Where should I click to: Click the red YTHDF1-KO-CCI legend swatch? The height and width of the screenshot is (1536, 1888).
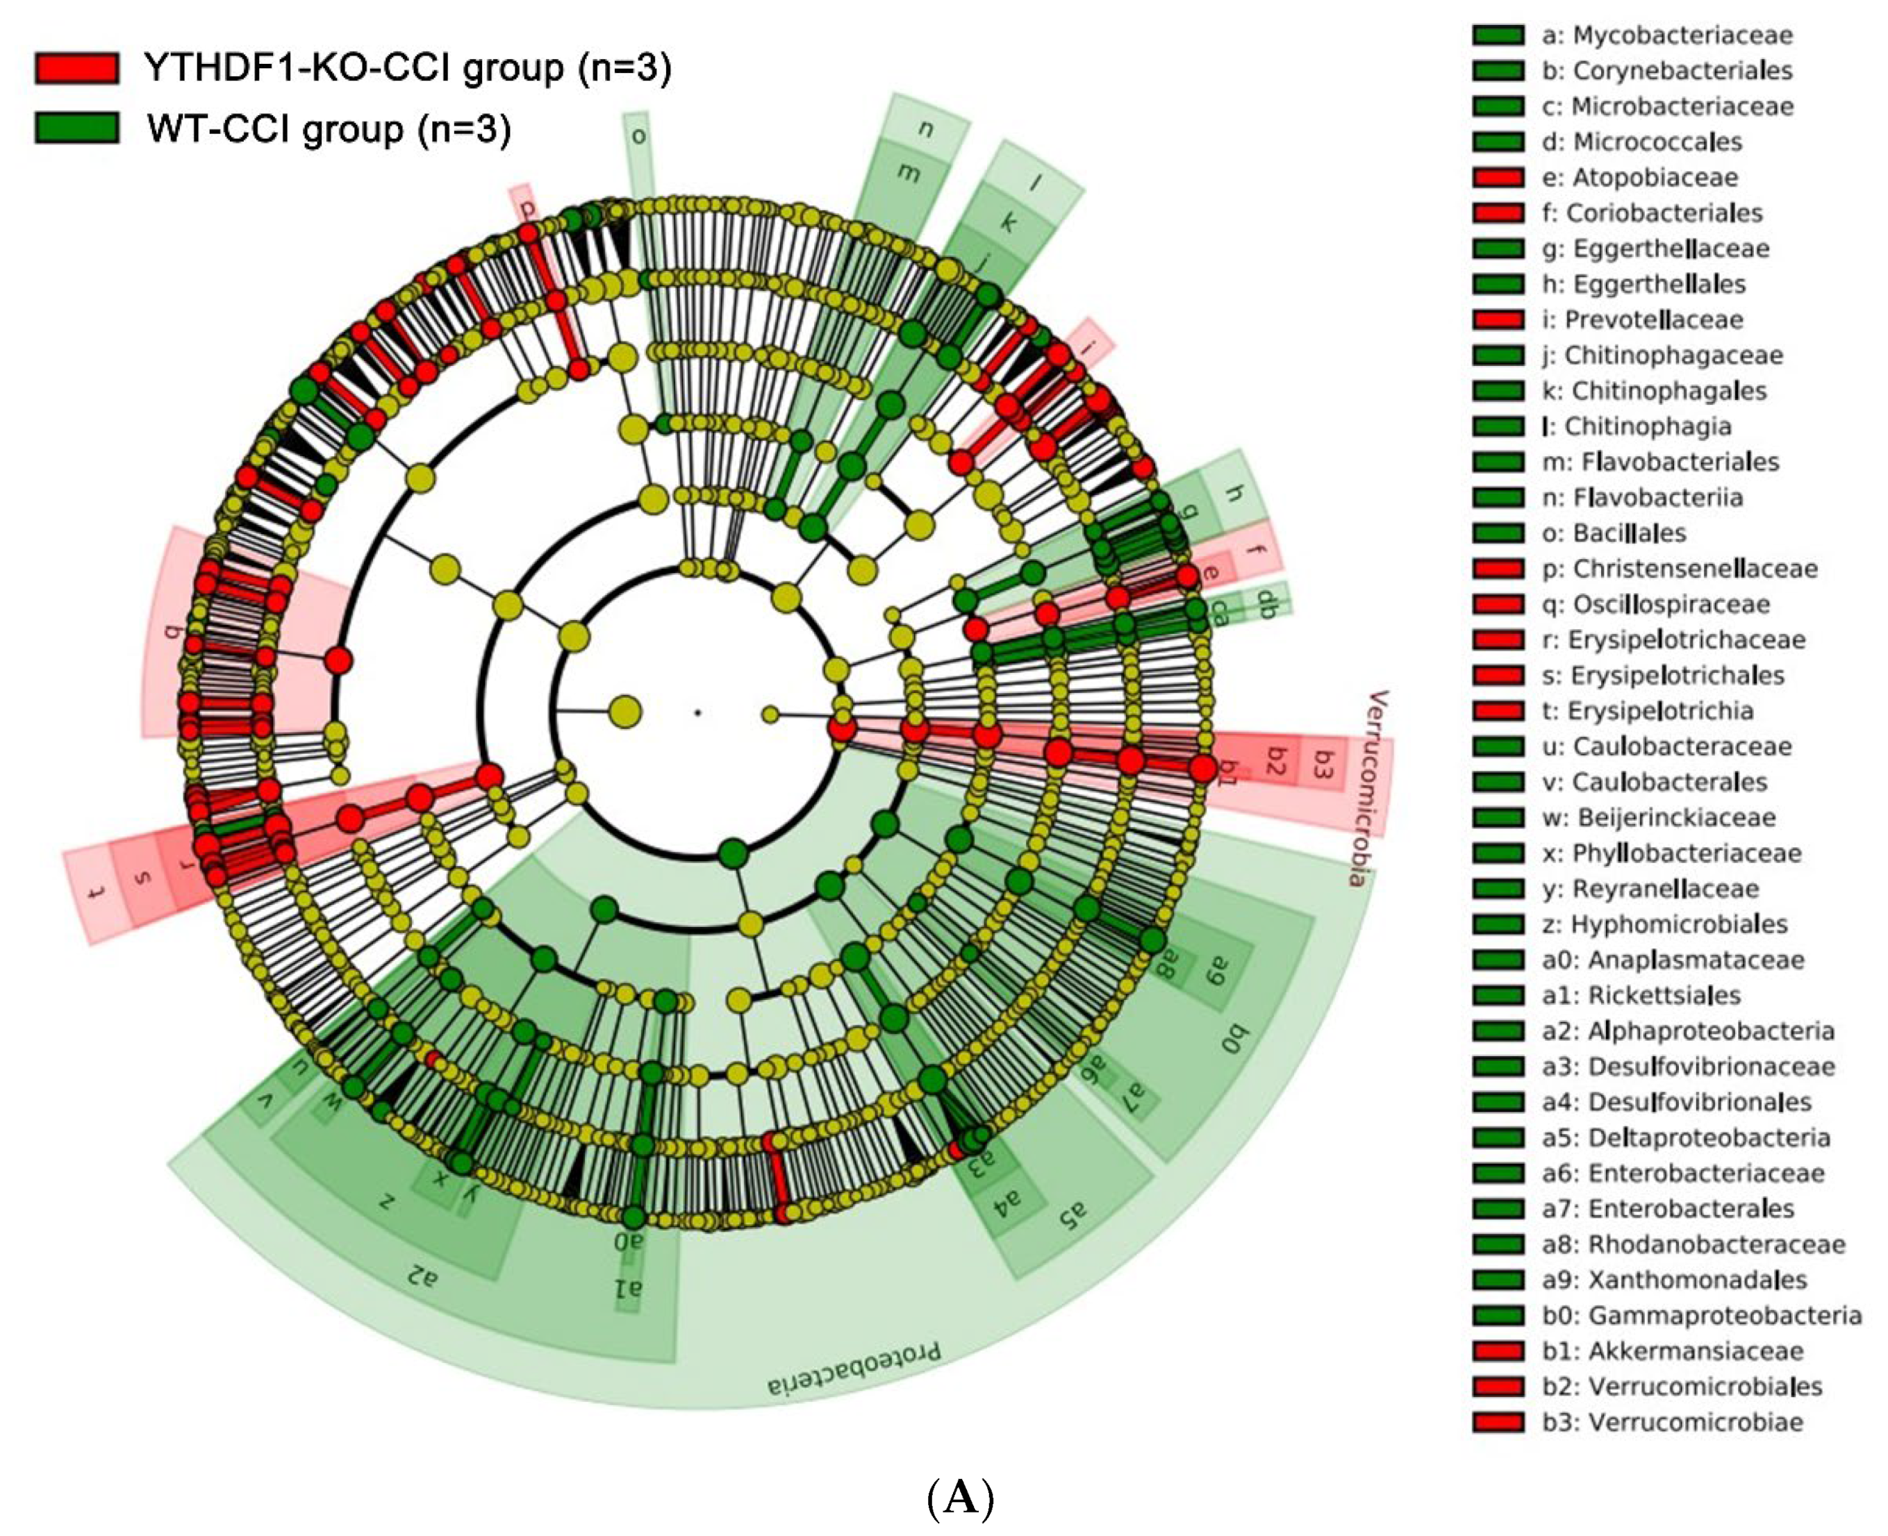click(x=76, y=68)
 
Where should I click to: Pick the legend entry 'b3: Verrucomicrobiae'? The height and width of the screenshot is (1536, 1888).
click(x=1672, y=1422)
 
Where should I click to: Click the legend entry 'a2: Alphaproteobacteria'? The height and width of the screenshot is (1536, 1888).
click(x=1688, y=1030)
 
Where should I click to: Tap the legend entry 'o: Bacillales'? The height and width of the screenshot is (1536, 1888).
click(x=1614, y=533)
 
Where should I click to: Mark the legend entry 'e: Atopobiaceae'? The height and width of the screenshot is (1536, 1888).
click(x=1639, y=177)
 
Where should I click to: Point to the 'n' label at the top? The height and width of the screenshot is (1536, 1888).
click(x=926, y=129)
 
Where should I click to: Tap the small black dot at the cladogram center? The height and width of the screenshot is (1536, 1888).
click(x=697, y=711)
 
